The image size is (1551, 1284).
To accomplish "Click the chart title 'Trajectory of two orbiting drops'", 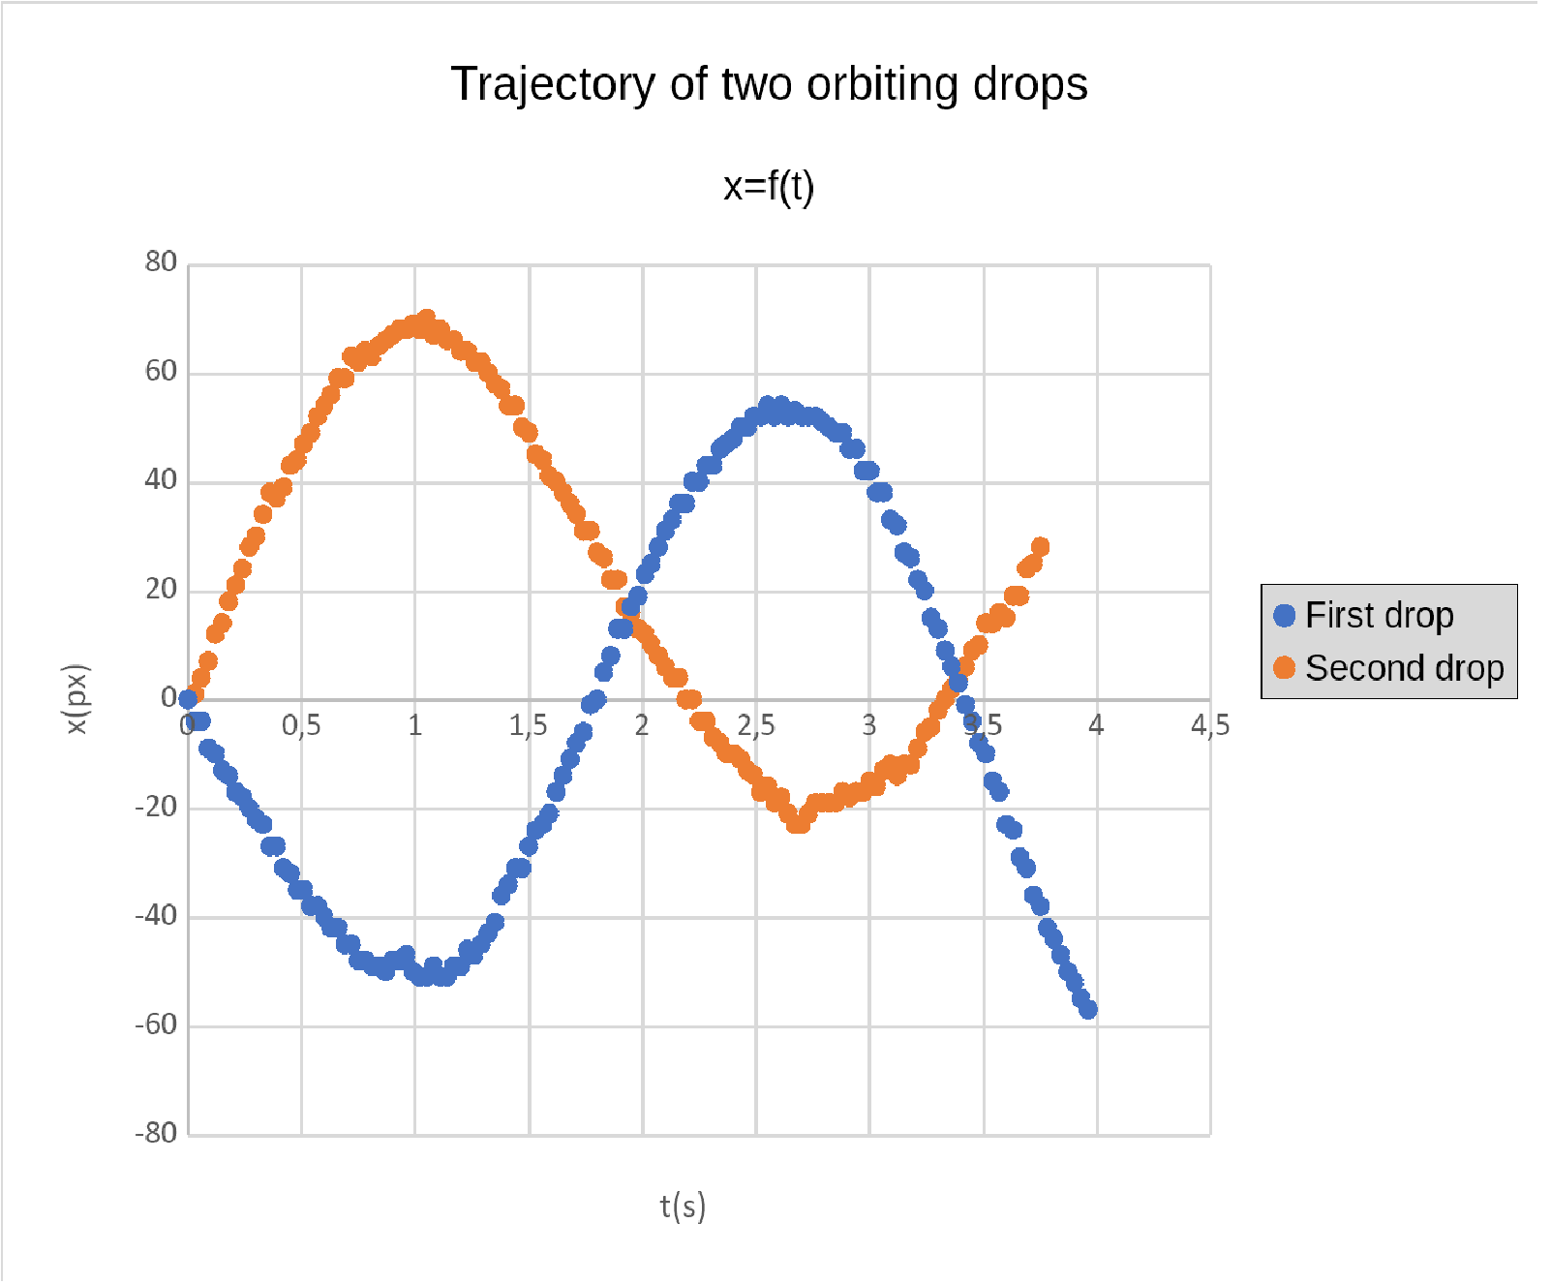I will [x=769, y=84].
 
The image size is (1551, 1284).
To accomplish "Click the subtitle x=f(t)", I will [x=769, y=186].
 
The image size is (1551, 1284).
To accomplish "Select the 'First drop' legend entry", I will [x=1379, y=616].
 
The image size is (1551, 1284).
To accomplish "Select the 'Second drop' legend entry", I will [x=1404, y=668].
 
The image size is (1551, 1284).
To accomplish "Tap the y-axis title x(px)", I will [x=76, y=698].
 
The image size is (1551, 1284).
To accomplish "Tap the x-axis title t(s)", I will [x=683, y=1207].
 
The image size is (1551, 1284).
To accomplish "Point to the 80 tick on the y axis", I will [x=161, y=262].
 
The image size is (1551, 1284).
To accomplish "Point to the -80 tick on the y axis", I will [x=156, y=1133].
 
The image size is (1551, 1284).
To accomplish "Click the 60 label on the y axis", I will [x=161, y=372].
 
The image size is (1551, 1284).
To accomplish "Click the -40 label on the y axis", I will [x=156, y=915].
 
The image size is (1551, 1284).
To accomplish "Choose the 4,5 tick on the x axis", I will [x=1209, y=725].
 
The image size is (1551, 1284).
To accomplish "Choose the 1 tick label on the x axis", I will [x=414, y=725].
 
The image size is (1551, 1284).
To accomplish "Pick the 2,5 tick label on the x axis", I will [x=756, y=725].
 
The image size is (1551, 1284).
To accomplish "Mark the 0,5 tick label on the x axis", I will [x=301, y=725].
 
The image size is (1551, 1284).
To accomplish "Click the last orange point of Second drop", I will [x=1040, y=547].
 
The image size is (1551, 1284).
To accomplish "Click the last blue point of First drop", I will [x=1088, y=1009].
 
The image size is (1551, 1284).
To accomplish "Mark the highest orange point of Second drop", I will [x=426, y=318].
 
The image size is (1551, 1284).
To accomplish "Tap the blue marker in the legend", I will [x=1284, y=616].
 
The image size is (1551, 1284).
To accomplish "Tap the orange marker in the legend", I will [x=1284, y=668].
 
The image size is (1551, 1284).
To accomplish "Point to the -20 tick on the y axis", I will [x=156, y=807].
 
